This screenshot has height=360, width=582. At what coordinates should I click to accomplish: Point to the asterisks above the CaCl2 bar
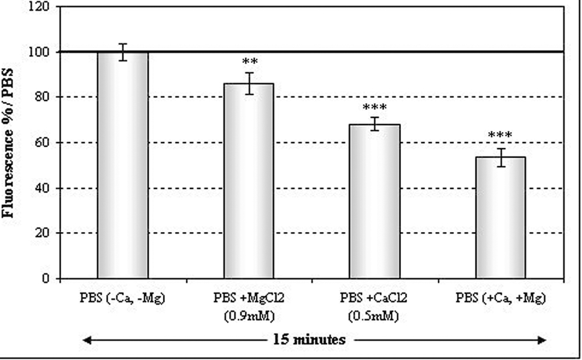[x=374, y=108]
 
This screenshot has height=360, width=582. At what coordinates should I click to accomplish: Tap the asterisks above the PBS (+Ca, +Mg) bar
[x=501, y=136]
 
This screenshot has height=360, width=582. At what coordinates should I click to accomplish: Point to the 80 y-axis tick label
[x=42, y=97]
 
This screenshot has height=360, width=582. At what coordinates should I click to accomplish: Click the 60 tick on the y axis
[x=42, y=142]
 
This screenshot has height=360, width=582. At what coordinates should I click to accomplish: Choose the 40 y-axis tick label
[x=42, y=188]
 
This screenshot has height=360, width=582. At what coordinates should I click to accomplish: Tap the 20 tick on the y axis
[x=42, y=233]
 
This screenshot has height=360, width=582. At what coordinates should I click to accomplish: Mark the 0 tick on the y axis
[x=45, y=279]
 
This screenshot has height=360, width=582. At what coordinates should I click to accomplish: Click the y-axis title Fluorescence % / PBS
[x=9, y=142]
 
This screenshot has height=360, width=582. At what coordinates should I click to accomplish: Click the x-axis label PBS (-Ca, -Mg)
[x=123, y=300]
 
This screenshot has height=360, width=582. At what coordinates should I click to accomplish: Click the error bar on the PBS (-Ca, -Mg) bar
[x=122, y=52]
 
